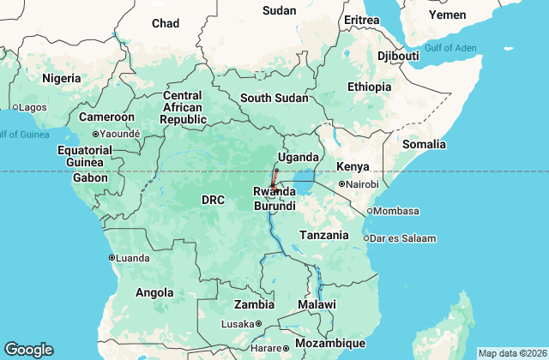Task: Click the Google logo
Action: tap(28, 350)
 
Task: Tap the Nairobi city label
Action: tap(361, 184)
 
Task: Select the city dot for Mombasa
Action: tap(370, 211)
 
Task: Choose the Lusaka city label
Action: tap(238, 324)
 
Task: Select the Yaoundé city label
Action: tap(119, 135)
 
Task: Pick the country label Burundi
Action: tap(274, 207)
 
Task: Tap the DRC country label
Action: tap(213, 201)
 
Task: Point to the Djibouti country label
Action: tap(397, 56)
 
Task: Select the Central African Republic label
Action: tap(182, 107)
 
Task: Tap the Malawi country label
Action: tap(318, 305)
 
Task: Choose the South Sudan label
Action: tap(274, 98)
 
